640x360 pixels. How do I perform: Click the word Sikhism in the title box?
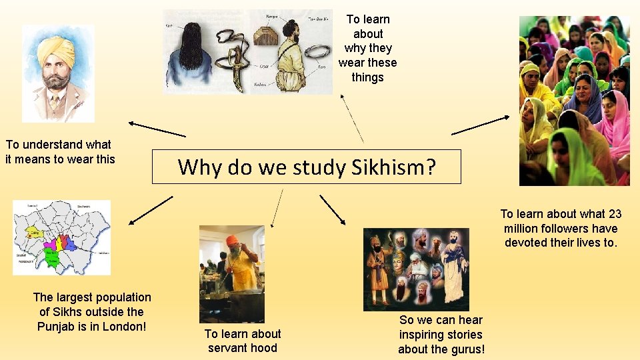pyautogui.click(x=391, y=167)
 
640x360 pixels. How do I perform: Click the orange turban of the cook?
pyautogui.click(x=233, y=241)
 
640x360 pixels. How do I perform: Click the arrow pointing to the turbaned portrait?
pyautogui.click(x=157, y=129)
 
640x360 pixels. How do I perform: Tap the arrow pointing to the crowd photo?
pyautogui.click(x=480, y=125)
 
